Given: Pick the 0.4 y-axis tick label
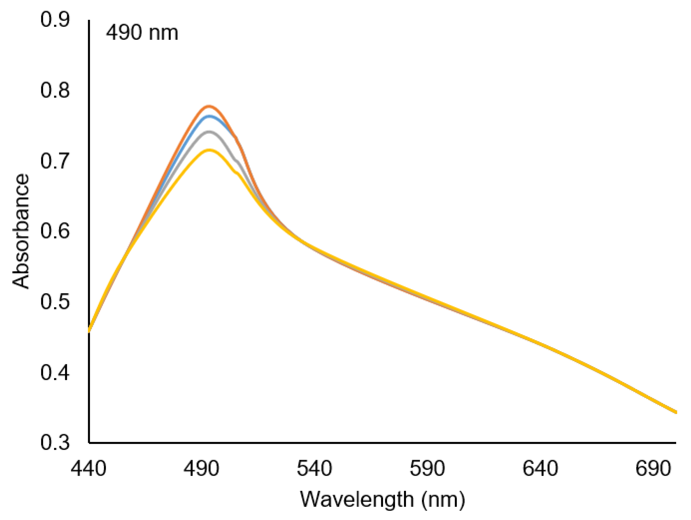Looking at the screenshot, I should (55, 373).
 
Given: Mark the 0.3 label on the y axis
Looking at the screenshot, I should (55, 443).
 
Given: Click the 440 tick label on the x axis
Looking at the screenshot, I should (88, 469).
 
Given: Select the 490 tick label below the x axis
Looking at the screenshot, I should (202, 469).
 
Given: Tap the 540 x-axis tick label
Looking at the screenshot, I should (314, 469).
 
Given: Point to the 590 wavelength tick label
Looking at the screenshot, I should (427, 469).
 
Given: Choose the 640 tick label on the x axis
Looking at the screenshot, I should (540, 469).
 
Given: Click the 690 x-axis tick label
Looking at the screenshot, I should (653, 469).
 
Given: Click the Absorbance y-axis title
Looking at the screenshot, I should (21, 231).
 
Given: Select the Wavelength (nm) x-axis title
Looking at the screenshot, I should (383, 499).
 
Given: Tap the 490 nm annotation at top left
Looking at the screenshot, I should (142, 33).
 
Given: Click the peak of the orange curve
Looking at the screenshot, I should (209, 106).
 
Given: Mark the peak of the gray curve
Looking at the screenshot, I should (209, 132).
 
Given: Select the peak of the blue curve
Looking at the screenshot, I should (209, 116).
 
